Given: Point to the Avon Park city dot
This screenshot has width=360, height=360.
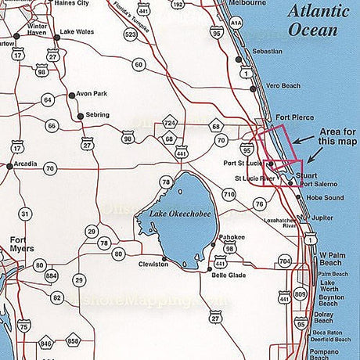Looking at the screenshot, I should point(72,95).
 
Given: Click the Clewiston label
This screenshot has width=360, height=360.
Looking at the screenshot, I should point(153,265).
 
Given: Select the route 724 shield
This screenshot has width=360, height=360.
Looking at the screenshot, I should point(168,123).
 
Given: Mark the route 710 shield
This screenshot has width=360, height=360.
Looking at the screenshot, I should point(229,193).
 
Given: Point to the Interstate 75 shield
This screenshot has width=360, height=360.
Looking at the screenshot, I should point(24,326).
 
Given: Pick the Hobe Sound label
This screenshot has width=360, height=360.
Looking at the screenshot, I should point(324,198).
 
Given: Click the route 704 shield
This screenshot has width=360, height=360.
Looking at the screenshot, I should point(285,261).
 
